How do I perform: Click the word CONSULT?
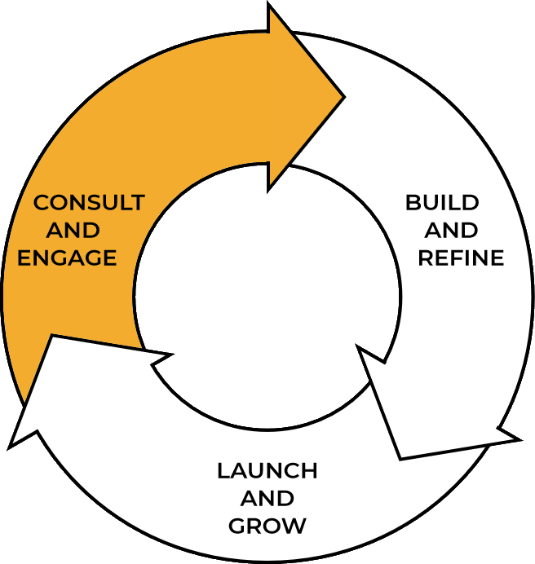coord(88,202)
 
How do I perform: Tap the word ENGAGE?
coord(68,258)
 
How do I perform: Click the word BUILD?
coord(442,202)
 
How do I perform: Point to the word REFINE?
coord(461,258)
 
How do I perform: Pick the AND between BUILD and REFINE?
coord(451,231)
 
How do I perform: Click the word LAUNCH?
coord(267,470)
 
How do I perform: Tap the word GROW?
coord(267,526)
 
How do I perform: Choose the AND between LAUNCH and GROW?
coord(267,498)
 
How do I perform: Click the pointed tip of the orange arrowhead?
coord(344,96)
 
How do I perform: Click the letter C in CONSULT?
coord(40,202)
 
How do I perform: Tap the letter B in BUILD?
coord(413,202)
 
